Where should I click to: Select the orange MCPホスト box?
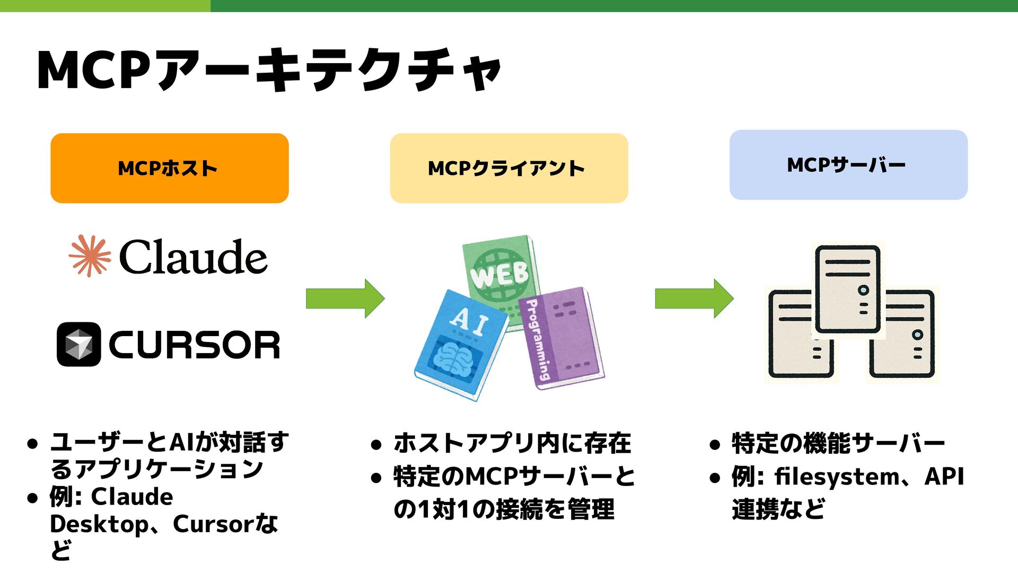[x=170, y=168]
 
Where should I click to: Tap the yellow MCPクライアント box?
[x=509, y=168]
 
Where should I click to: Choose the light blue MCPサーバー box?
[x=848, y=165]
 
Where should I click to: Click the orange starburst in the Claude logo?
[x=90, y=256]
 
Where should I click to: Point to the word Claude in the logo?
[x=193, y=257]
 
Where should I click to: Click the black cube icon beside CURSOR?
[x=78, y=344]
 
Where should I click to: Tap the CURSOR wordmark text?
[x=194, y=345]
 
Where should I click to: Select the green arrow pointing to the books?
[x=345, y=298]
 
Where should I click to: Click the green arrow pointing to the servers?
[x=694, y=298]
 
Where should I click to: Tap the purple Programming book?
[x=565, y=339]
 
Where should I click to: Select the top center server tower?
[x=847, y=289]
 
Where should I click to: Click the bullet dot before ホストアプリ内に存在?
[x=376, y=445]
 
